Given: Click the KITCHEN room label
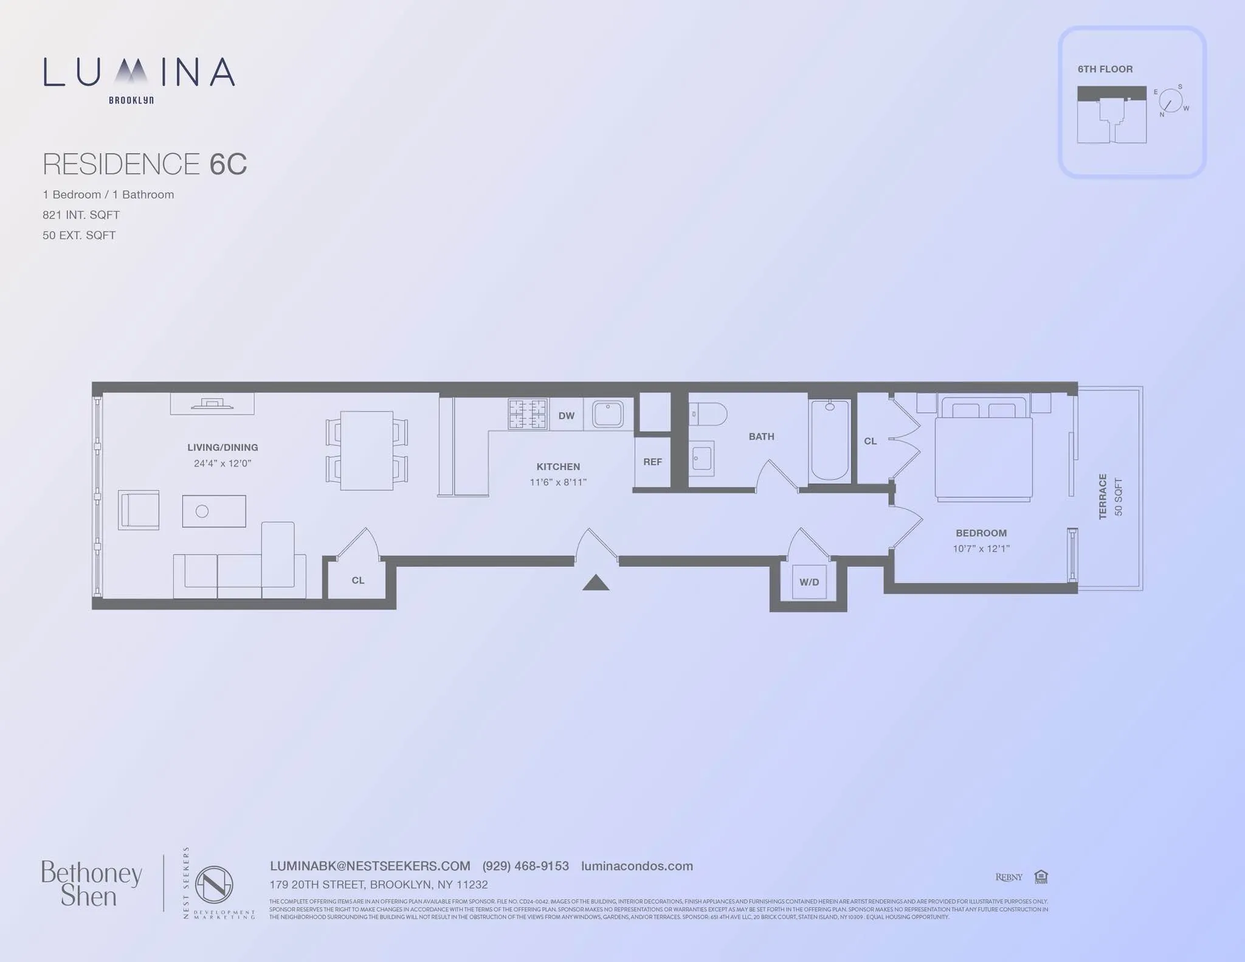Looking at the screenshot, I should coord(558,466).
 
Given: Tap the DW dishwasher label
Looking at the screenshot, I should coord(566,416).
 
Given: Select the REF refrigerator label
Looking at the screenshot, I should coord(652,462).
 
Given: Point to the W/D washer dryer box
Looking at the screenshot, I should coord(809,582).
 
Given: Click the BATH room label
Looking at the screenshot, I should coord(761,437).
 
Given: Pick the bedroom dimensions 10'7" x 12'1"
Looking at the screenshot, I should coord(981,548).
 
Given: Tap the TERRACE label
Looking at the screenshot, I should coord(1103,497).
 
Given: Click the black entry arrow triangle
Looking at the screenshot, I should coord(596,583).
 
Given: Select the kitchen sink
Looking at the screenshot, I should coord(607,415).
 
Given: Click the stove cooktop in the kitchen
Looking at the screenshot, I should coord(528,414).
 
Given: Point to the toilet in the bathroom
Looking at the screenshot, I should coord(709,414).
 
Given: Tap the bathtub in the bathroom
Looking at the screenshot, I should coord(830,440).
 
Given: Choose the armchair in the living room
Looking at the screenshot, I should coord(139,510).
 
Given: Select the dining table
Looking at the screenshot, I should coord(367,451).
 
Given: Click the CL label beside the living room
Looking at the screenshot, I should coord(358,581).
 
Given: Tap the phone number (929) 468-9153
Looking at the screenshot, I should coord(525,866).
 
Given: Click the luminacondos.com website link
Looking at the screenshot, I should coord(636,866).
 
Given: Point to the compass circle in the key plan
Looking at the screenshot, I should coord(1170,101).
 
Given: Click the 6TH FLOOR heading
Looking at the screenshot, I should coord(1105,69).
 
